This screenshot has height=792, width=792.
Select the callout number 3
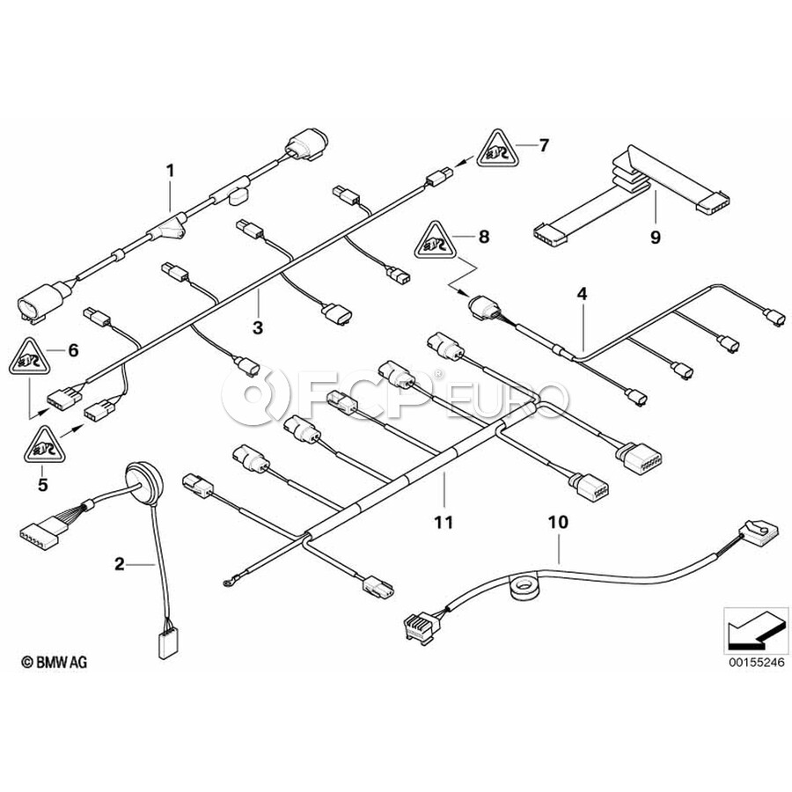(257, 328)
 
